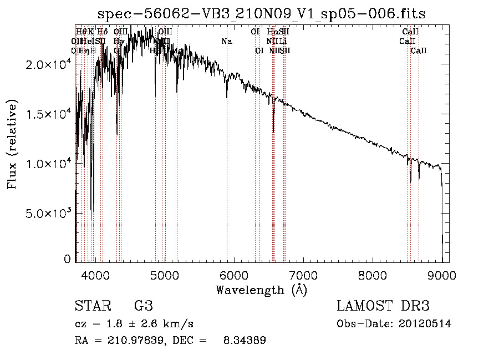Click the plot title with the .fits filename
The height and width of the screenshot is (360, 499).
[x=261, y=14]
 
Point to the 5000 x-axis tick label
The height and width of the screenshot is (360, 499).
[x=165, y=275]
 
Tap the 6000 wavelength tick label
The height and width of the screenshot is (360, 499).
[x=234, y=275]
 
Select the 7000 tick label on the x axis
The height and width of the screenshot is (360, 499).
[x=303, y=275]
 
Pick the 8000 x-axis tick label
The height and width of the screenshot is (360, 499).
[x=373, y=275]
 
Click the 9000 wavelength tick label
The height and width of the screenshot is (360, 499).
[x=442, y=275]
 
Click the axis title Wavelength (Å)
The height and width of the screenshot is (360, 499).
[x=261, y=290]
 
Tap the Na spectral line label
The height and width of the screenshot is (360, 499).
[x=226, y=42]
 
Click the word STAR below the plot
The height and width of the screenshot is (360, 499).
[x=92, y=306]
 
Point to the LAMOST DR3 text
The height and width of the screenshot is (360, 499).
[x=383, y=306]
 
